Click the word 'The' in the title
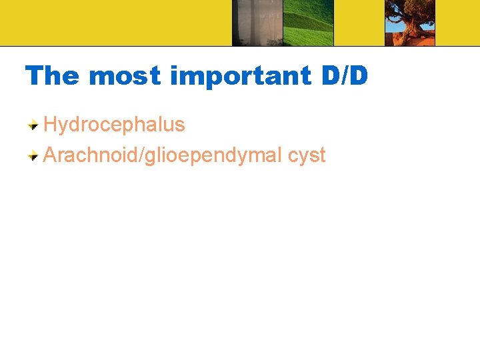click(53, 76)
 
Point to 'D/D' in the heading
click(345, 76)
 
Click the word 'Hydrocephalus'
click(114, 125)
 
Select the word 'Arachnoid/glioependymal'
click(163, 156)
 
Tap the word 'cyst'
click(307, 156)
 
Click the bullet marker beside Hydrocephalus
click(33, 125)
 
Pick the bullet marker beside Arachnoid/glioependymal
click(33, 156)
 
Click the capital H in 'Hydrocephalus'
click(50, 125)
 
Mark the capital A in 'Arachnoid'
click(50, 156)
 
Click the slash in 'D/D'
click(345, 76)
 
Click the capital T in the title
click(34, 76)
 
